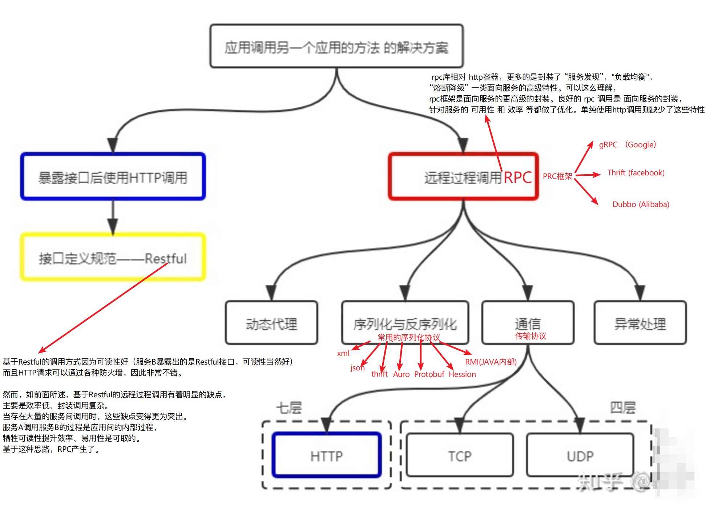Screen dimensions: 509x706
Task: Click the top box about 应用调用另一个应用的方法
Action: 336,47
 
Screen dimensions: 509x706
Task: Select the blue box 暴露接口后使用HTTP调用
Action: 113,177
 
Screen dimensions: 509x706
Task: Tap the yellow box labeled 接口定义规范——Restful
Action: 113,258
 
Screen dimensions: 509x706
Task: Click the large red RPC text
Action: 517,178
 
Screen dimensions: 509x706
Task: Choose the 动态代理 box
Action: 271,323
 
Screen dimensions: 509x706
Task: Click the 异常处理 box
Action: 640,323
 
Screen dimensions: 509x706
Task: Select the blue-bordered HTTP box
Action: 326,456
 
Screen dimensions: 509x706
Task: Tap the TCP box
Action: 460,456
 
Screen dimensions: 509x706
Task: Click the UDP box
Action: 580,456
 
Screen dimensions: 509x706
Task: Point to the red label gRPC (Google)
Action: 628,144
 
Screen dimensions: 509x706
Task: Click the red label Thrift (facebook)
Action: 636,173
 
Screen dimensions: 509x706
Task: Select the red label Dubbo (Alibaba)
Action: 641,204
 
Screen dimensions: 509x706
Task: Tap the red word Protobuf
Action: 429,374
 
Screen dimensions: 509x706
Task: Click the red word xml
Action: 343,353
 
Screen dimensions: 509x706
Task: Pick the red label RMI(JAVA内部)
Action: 491,362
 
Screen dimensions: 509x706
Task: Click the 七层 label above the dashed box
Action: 289,407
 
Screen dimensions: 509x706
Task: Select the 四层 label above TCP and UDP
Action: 622,407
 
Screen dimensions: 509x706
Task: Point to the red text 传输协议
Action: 530,336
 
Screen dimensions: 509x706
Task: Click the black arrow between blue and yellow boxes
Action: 113,217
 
